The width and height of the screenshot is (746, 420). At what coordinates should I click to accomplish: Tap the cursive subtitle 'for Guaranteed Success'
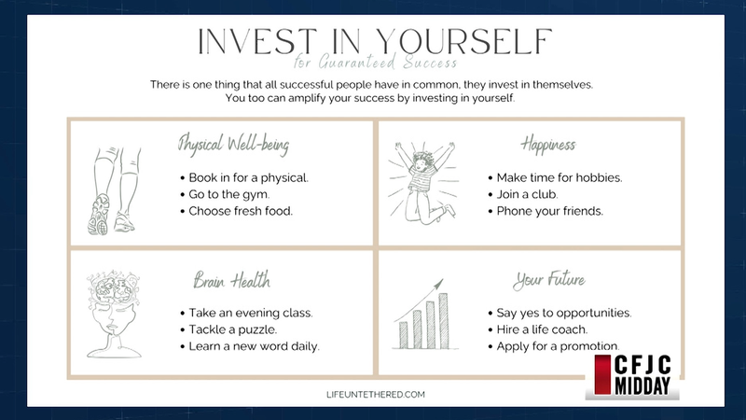[x=376, y=63]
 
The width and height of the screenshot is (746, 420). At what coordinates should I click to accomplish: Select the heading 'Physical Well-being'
[x=233, y=145]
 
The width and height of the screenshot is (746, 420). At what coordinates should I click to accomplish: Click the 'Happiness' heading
[x=548, y=145]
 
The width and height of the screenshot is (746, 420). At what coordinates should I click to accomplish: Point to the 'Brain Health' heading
[x=231, y=280]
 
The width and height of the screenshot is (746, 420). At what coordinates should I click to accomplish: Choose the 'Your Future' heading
[x=549, y=280]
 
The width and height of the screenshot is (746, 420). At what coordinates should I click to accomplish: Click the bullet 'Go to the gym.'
[x=225, y=194]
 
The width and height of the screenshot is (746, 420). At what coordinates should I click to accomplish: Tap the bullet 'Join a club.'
[x=523, y=194]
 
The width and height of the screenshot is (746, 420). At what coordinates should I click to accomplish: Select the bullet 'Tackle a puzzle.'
[x=228, y=329]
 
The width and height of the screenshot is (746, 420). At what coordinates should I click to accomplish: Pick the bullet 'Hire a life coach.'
[x=538, y=329]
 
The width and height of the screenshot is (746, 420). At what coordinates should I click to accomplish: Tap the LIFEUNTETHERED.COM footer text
[x=376, y=394]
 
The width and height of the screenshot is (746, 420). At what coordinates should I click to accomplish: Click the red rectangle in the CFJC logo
[x=602, y=374]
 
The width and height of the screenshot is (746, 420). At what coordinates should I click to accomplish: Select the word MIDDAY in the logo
[x=642, y=385]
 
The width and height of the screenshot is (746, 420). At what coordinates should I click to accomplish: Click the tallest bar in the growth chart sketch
[x=444, y=321]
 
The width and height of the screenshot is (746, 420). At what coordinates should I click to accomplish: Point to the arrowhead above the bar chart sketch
[x=438, y=284]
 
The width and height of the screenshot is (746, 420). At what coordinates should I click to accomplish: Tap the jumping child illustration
[x=423, y=182]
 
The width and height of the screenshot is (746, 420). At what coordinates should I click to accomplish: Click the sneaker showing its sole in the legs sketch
[x=99, y=215]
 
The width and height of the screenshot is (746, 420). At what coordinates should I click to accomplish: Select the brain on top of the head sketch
[x=113, y=288]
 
